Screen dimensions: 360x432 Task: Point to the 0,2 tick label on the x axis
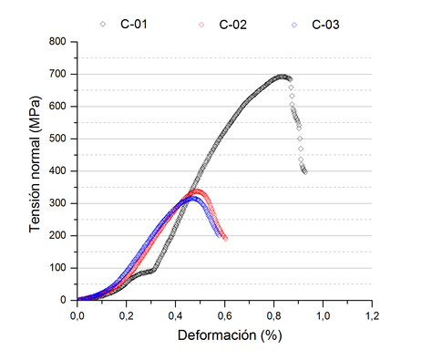tap(126, 314)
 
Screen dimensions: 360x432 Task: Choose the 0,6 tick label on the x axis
tap(224, 314)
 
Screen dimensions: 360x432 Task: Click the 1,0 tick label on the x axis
tap(323, 314)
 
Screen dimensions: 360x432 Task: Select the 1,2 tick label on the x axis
tap(372, 314)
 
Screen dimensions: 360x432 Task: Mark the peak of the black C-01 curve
tap(283, 77)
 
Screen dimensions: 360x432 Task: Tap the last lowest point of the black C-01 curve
tap(304, 171)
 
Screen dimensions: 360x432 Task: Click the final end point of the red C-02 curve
tap(225, 239)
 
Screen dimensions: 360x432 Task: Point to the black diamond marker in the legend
tap(103, 24)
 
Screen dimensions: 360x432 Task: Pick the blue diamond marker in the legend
tap(294, 24)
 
